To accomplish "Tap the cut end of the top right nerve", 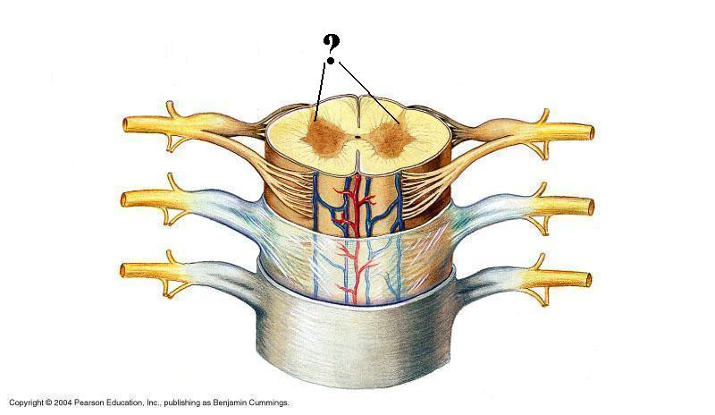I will tap(589, 132).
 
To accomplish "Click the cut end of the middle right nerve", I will tap(589, 207).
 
